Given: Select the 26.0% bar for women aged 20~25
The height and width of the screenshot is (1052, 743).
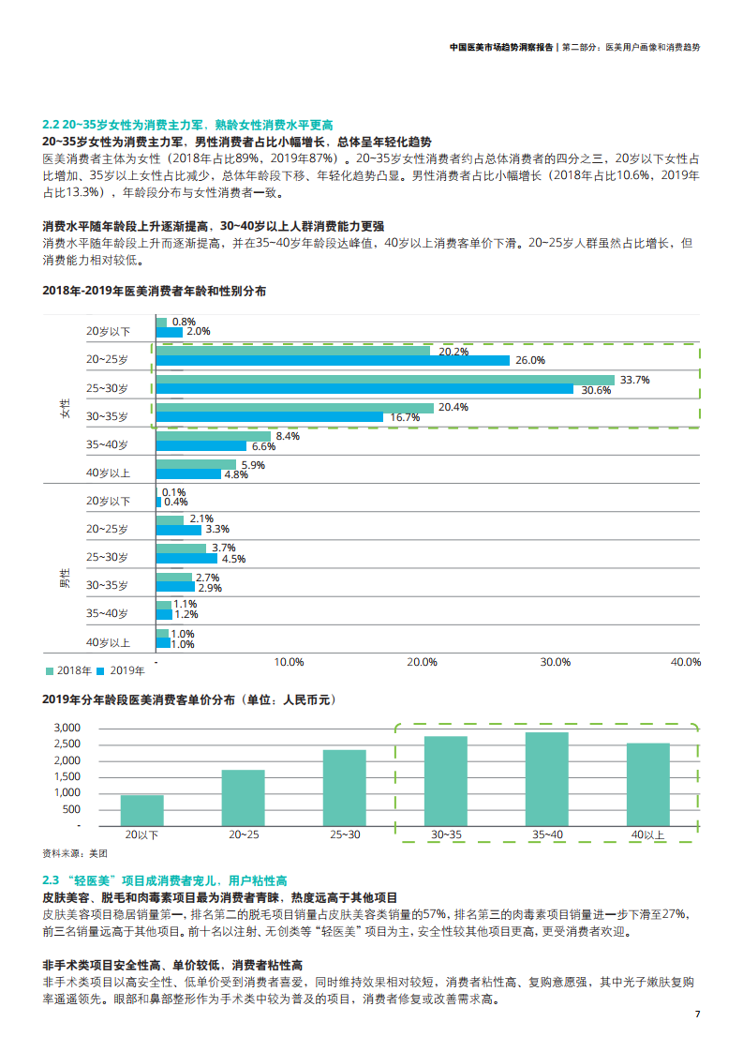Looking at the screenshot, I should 333,361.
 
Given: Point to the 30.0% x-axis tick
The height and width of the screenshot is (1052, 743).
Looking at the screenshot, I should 555,662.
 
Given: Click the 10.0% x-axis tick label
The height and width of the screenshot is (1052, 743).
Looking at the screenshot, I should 289,662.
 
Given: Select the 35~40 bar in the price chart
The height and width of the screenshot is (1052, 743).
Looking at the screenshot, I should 546,778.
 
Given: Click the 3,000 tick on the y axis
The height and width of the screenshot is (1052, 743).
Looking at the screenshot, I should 67,728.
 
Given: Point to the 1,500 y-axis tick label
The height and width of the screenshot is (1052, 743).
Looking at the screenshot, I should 67,776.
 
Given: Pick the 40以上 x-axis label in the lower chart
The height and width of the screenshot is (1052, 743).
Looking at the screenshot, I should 647,834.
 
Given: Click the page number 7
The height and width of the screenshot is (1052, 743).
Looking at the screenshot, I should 696,1014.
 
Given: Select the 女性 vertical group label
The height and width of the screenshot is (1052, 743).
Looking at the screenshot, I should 65,407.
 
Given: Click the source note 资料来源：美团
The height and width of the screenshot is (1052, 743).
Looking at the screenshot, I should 75,853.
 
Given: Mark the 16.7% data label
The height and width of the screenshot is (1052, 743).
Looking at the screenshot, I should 404,417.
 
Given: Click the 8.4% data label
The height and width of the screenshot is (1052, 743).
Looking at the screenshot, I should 289,436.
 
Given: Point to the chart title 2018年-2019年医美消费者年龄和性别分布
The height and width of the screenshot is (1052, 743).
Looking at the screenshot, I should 155,291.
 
